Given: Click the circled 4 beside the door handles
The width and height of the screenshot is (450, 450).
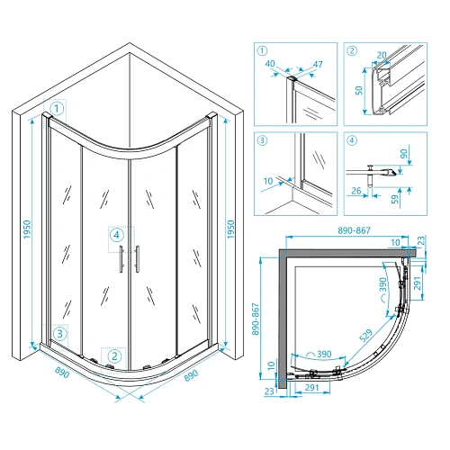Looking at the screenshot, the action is [117, 235].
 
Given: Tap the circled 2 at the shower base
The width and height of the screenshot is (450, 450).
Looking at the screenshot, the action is [114, 356].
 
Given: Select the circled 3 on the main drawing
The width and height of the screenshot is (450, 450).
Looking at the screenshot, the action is [60, 334].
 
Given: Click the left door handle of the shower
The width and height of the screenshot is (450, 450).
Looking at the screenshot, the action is [121, 258].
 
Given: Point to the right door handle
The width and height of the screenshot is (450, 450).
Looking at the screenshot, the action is [137, 258].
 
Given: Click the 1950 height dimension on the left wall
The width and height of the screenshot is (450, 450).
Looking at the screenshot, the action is [27, 229].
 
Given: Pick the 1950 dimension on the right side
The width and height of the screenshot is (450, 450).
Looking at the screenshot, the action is [230, 229].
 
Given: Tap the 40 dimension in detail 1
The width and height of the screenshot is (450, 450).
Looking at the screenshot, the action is [270, 63].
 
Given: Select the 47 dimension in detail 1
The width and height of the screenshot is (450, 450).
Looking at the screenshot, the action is [318, 64].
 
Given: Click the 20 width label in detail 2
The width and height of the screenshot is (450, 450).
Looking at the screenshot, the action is [382, 55].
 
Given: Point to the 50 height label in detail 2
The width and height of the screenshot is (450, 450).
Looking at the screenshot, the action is [359, 90].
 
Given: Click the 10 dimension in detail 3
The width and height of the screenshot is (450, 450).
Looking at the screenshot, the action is [268, 181].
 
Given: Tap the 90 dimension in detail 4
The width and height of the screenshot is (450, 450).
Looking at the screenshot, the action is [404, 154].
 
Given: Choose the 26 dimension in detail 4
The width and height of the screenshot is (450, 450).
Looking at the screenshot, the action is [356, 191].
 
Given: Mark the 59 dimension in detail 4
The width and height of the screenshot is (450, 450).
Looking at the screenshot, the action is [396, 199].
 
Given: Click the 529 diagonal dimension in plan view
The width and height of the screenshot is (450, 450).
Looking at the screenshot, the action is [365, 336].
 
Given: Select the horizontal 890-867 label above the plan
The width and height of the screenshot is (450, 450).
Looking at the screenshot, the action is [354, 230].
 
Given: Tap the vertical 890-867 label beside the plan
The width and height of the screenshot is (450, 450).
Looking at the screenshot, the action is [256, 319].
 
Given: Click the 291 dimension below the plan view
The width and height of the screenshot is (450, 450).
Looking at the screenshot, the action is [311, 388].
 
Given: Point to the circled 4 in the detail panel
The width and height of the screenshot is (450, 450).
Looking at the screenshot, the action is [352, 140].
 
